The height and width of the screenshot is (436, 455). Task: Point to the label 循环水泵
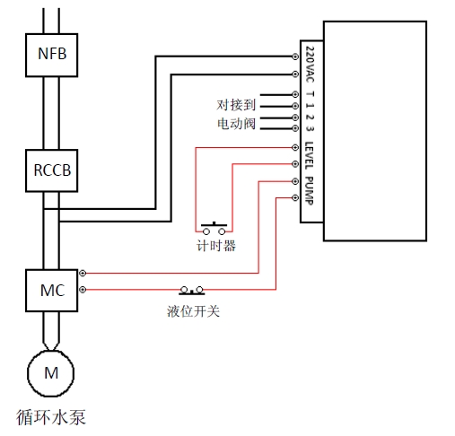(51, 417)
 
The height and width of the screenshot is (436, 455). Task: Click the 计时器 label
(216, 246)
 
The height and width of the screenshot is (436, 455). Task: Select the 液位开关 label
(193, 311)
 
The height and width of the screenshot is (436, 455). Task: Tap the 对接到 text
(236, 105)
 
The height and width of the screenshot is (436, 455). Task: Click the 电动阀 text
(236, 124)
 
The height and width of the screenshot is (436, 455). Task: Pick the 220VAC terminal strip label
(310, 65)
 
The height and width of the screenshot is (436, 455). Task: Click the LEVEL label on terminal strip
(310, 155)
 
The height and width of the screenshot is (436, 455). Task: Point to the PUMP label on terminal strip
(310, 191)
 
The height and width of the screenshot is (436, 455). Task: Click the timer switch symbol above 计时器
(214, 228)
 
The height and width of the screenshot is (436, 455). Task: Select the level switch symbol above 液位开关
(192, 291)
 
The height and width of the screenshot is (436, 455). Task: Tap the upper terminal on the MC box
(83, 273)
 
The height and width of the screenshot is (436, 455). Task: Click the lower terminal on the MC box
(83, 290)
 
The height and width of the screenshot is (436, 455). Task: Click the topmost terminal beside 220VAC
(295, 57)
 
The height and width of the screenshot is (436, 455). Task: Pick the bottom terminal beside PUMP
(295, 197)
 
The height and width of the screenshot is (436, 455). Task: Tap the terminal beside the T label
(295, 94)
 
